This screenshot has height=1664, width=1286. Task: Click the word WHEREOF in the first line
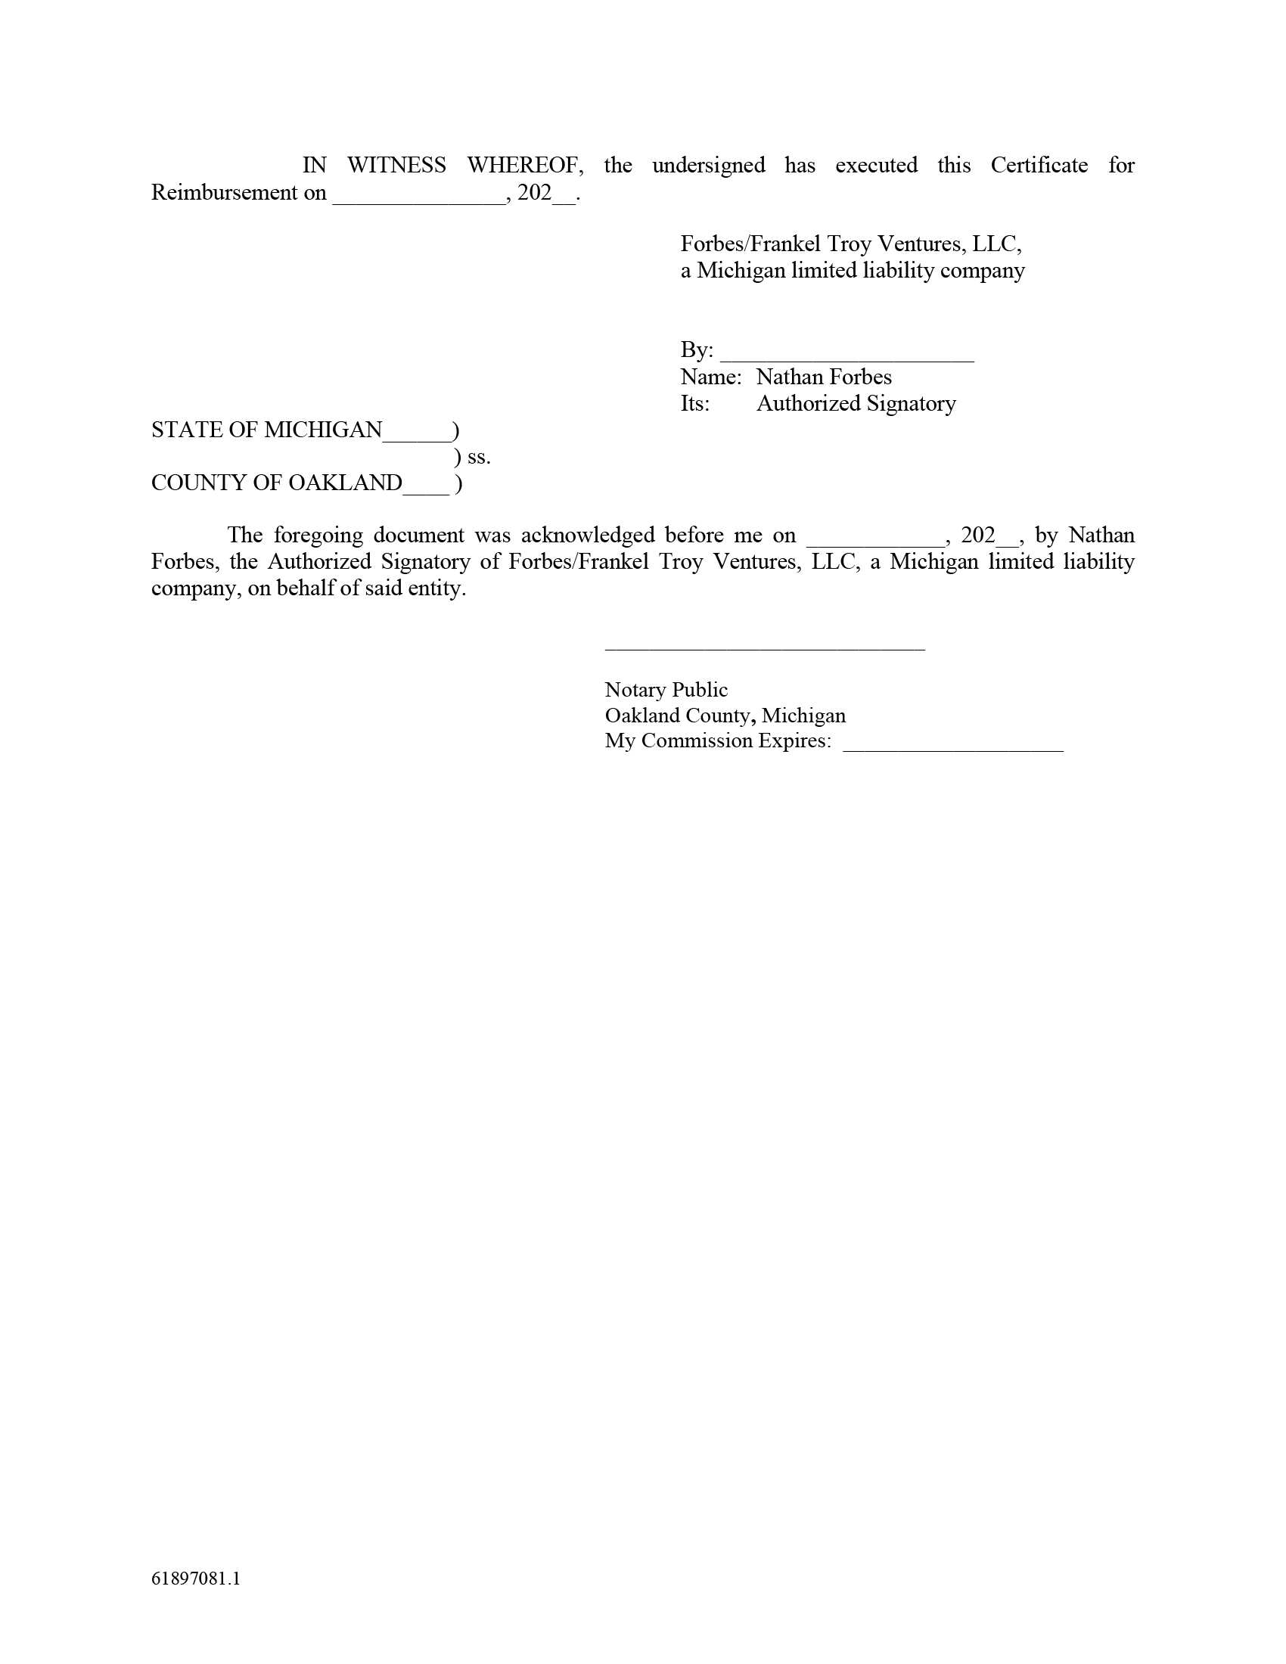click(x=525, y=166)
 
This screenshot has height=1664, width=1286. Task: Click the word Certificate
click(x=1039, y=166)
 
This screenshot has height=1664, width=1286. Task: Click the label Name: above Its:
click(x=710, y=377)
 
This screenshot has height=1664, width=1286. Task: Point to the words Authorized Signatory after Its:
click(x=856, y=404)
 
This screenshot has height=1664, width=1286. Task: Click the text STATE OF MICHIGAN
click(x=266, y=430)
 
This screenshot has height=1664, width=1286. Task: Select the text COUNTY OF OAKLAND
click(x=277, y=483)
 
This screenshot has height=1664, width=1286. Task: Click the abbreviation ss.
click(x=478, y=457)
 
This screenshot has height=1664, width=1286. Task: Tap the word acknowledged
click(x=587, y=536)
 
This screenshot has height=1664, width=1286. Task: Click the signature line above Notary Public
click(x=764, y=648)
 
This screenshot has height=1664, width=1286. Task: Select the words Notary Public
click(x=666, y=691)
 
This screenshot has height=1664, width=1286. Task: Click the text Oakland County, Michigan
click(x=725, y=716)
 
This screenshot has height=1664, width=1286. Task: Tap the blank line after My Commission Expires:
click(x=952, y=748)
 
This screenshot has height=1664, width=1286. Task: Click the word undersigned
click(x=709, y=166)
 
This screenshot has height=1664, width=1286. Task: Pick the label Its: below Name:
click(x=694, y=404)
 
